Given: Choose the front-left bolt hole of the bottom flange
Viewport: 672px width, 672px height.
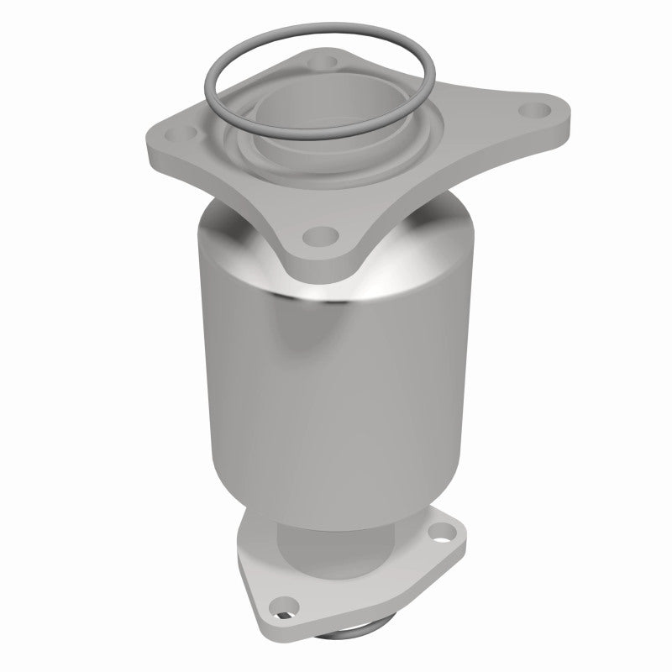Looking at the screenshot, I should coord(291,601).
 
